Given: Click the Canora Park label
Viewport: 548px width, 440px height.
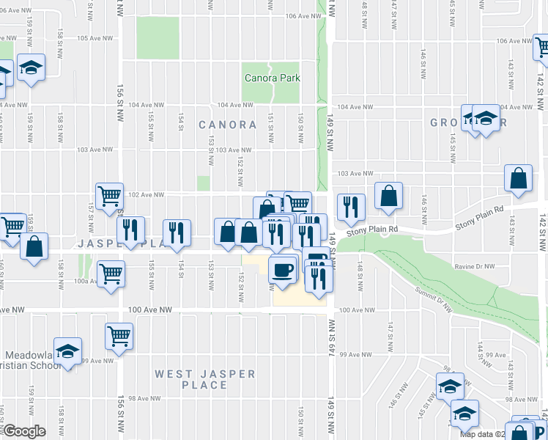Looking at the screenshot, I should click(x=272, y=78).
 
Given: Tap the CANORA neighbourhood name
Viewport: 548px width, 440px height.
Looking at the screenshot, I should click(x=227, y=125).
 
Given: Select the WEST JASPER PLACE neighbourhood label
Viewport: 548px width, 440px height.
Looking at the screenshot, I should click(x=205, y=379).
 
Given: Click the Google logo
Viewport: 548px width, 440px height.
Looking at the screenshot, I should click(x=24, y=431).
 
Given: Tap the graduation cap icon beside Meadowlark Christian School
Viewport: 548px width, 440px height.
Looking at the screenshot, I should click(x=67, y=352).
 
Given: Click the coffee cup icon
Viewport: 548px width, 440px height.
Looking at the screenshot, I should click(x=283, y=269).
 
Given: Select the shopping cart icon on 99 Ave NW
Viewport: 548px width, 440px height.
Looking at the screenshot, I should click(x=119, y=336).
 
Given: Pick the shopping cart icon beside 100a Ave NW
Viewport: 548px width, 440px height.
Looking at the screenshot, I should click(x=111, y=274).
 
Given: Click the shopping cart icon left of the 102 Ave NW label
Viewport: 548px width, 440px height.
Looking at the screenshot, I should click(x=109, y=195).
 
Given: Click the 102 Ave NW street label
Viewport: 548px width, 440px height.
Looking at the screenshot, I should click(x=144, y=194).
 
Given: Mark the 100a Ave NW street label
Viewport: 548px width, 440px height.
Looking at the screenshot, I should click(x=82, y=281).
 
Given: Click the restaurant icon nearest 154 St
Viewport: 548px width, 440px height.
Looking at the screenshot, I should click(x=177, y=232).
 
